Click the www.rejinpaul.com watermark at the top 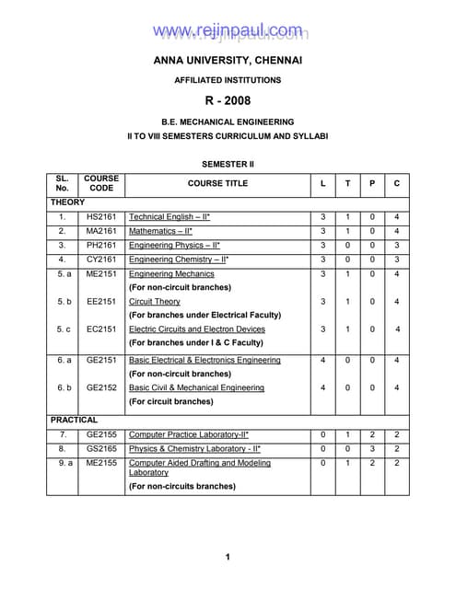pyautogui.click(x=228, y=32)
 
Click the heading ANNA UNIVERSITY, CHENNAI pyautogui.click(x=228, y=61)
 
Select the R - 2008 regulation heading pyautogui.click(x=228, y=100)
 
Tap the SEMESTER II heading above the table pyautogui.click(x=228, y=163)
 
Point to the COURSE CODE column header pyautogui.click(x=101, y=183)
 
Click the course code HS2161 pyautogui.click(x=101, y=216)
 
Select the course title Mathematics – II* pyautogui.click(x=161, y=231)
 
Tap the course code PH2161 pyautogui.click(x=101, y=246)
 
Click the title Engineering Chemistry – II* pyautogui.click(x=179, y=260)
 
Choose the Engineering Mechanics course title pyautogui.click(x=171, y=274)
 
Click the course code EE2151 pyautogui.click(x=101, y=301)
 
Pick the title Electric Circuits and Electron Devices pyautogui.click(x=197, y=329)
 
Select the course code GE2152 pyautogui.click(x=101, y=387)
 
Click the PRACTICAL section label pyautogui.click(x=75, y=419)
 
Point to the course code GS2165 pyautogui.click(x=101, y=448)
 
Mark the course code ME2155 pyautogui.click(x=101, y=463)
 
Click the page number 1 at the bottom pyautogui.click(x=228, y=557)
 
